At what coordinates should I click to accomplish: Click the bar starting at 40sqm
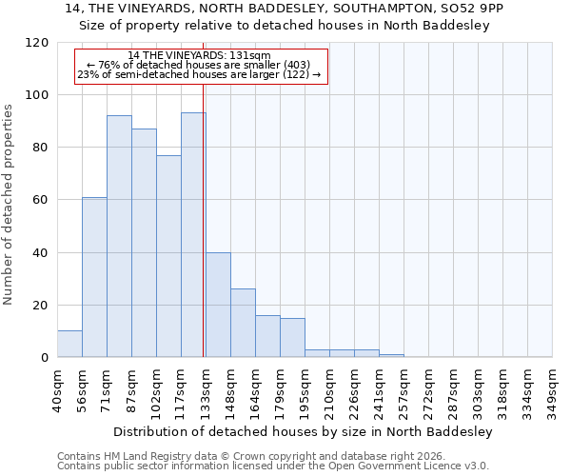point(69,344)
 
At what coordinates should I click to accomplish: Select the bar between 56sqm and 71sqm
point(94,277)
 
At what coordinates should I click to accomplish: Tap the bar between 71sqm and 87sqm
point(119,236)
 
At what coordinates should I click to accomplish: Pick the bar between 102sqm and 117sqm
point(168,256)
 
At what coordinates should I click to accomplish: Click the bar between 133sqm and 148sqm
point(218,305)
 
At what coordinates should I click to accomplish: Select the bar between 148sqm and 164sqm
point(243,323)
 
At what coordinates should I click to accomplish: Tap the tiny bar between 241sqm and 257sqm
point(391,356)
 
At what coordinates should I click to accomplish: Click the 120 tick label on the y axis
point(37,43)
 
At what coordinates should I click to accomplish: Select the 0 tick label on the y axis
point(45,358)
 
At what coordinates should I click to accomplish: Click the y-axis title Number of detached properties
point(10,205)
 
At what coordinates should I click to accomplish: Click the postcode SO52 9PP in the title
point(472,9)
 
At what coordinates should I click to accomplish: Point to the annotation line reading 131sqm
point(199,56)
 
